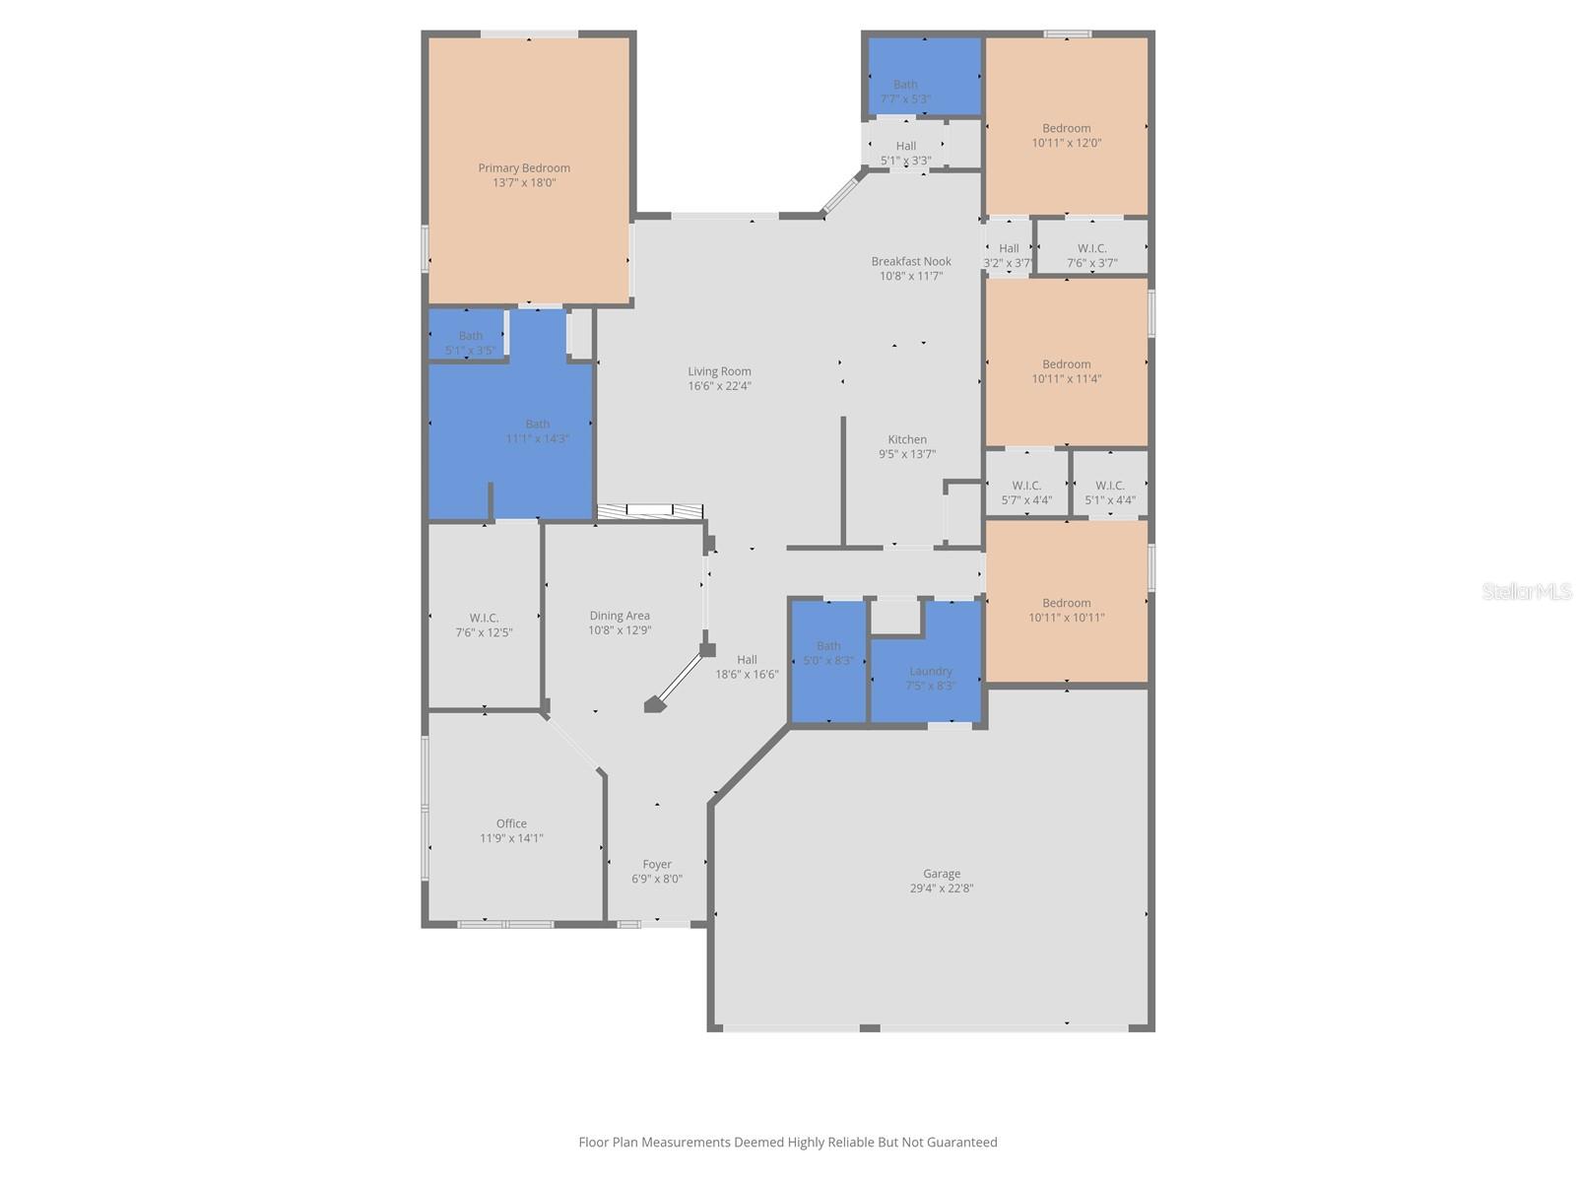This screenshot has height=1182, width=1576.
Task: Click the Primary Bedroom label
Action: pyautogui.click(x=524, y=168)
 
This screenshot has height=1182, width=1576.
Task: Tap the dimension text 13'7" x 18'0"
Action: pyautogui.click(x=524, y=183)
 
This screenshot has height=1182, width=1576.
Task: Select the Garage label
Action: pyautogui.click(x=942, y=874)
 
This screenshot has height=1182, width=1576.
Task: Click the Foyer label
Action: pyautogui.click(x=657, y=865)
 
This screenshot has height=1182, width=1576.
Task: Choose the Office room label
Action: pyautogui.click(x=511, y=823)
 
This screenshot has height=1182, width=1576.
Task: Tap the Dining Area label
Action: pyautogui.click(x=620, y=616)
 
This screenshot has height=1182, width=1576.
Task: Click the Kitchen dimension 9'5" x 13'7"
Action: pyautogui.click(x=907, y=454)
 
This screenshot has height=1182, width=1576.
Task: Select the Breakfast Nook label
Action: pyautogui.click(x=911, y=261)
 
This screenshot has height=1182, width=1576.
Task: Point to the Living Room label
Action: pyautogui.click(x=719, y=371)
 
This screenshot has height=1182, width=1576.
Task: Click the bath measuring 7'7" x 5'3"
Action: pyautogui.click(x=905, y=91)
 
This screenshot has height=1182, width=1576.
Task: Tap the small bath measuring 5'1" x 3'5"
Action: pyautogui.click(x=470, y=342)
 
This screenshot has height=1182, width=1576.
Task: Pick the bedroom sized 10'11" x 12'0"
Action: pyautogui.click(x=1067, y=135)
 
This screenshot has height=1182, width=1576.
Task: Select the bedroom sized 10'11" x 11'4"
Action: pyautogui.click(x=1067, y=370)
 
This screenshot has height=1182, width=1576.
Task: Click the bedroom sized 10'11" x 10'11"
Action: pyautogui.click(x=1067, y=610)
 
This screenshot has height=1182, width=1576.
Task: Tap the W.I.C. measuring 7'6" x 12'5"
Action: pyautogui.click(x=484, y=624)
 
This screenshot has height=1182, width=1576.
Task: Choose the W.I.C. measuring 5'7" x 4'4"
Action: pyautogui.click(x=1026, y=492)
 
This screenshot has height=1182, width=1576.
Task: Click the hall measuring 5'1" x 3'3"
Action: pyautogui.click(x=905, y=153)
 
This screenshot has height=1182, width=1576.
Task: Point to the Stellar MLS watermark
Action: pyautogui.click(x=1527, y=591)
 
